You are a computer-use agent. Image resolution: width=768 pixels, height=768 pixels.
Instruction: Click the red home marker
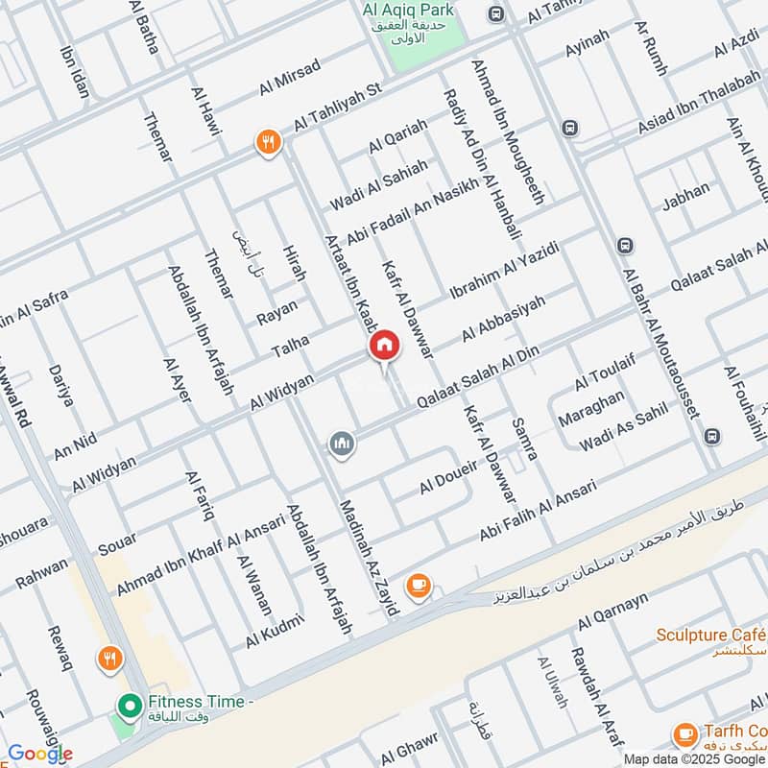384,346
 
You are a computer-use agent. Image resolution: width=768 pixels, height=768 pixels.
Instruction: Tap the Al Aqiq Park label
408,11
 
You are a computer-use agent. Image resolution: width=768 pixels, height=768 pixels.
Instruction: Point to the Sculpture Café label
711,635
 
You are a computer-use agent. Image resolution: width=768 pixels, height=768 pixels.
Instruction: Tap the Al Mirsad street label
288,77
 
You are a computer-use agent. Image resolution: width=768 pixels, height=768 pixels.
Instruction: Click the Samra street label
524,439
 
